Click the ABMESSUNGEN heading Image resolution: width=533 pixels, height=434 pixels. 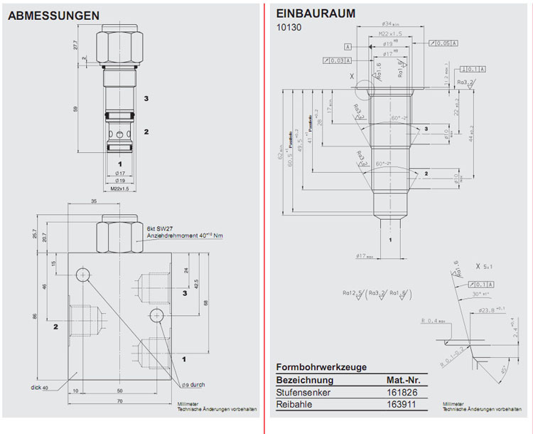pos(53,15)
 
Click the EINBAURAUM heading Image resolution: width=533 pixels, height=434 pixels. pos(316,14)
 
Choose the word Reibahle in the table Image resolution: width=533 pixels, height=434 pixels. pos(294,405)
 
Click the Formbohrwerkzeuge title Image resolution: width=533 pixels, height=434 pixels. pos(321,367)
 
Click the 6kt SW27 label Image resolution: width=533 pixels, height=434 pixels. pos(161,228)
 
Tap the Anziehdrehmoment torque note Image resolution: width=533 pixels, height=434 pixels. pos(184,235)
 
